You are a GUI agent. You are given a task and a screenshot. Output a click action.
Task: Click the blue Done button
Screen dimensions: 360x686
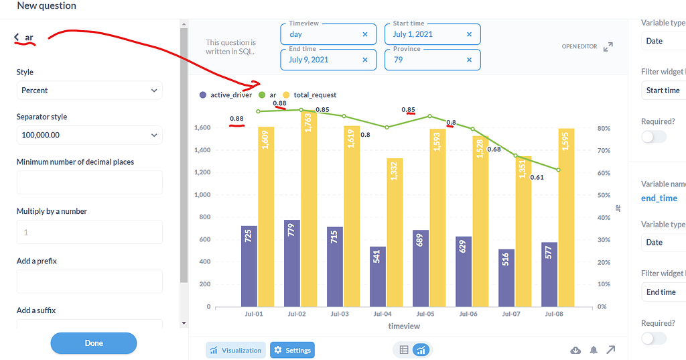[x=94, y=343]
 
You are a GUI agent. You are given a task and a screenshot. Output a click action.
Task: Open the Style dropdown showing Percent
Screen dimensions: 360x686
[x=89, y=91]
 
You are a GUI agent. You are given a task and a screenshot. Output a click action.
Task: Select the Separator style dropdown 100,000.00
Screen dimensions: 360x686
[x=89, y=135]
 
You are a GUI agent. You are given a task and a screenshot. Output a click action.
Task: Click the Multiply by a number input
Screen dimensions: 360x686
[x=89, y=232]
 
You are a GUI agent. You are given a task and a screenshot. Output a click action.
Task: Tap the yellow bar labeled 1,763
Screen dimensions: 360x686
[x=308, y=208]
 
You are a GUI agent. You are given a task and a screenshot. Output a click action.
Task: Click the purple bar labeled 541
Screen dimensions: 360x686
[x=378, y=276]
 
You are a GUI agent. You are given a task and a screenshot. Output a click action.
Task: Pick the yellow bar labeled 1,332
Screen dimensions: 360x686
[x=395, y=233]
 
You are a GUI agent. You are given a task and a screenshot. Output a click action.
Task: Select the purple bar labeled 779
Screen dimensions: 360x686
[x=292, y=263]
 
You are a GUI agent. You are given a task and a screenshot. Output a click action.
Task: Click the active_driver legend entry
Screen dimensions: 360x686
[x=226, y=95]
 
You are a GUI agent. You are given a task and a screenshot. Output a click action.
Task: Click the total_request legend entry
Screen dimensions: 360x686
[x=310, y=95]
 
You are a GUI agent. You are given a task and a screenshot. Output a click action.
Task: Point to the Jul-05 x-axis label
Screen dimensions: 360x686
[x=425, y=314]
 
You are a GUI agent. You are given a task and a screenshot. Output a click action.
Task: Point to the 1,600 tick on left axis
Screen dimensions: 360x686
[x=202, y=128]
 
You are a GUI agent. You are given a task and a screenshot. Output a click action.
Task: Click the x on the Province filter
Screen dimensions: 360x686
[x=469, y=60]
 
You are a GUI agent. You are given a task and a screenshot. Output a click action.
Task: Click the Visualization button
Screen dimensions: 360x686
[x=236, y=350]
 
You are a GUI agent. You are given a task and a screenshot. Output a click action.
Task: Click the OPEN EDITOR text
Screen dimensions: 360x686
[x=579, y=47]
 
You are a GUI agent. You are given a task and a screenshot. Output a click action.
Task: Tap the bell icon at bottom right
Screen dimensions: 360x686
[x=593, y=350]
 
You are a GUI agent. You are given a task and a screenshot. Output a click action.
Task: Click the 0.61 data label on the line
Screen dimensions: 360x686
[x=536, y=178]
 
